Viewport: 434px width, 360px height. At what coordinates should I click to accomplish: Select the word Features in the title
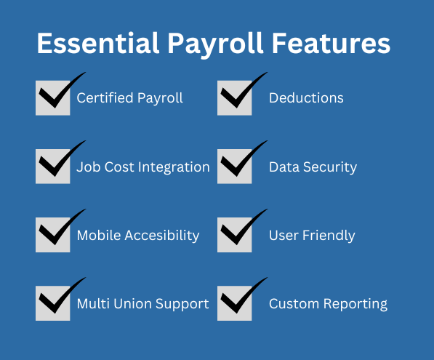[x=331, y=44]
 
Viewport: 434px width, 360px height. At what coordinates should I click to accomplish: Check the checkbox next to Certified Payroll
[x=52, y=98]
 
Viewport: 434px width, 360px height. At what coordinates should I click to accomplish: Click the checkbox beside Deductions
[x=234, y=98]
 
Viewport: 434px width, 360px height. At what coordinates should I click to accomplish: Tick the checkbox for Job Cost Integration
[x=52, y=167]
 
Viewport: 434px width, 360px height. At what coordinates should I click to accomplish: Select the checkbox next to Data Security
[x=234, y=167]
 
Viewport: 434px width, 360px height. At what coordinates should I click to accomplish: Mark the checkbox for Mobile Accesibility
[x=52, y=235]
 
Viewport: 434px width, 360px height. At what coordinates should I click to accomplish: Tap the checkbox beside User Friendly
[x=234, y=235]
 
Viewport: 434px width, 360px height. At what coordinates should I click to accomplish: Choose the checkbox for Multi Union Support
[x=52, y=303]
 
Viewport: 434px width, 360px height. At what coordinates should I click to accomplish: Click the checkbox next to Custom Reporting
[x=234, y=303]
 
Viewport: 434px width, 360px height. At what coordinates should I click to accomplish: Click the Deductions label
[x=306, y=97]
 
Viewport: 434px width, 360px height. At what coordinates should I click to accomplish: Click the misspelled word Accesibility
[x=161, y=236]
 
